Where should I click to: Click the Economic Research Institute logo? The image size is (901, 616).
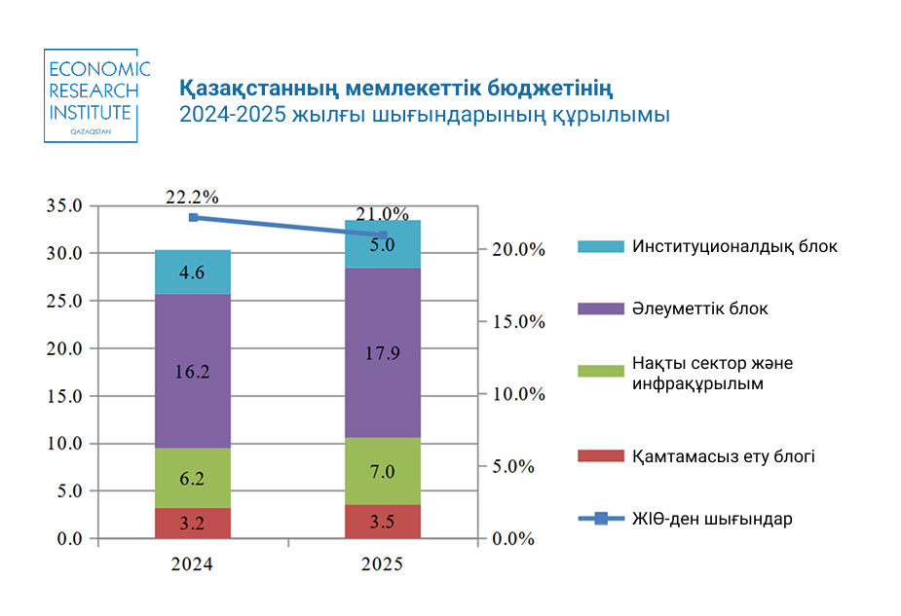click(97, 95)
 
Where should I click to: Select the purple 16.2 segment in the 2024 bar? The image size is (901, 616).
click(193, 370)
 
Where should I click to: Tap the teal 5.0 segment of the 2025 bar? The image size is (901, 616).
click(383, 244)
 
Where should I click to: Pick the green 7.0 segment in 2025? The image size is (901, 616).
click(383, 471)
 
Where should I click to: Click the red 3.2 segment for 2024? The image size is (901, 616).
click(193, 523)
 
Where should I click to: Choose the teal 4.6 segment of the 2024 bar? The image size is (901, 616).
click(193, 272)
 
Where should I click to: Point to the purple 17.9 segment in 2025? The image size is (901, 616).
click(383, 352)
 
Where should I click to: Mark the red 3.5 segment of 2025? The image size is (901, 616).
click(383, 522)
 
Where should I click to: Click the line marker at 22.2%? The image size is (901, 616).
click(193, 217)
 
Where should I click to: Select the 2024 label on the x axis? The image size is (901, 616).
click(192, 563)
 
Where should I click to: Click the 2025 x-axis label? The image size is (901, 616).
click(382, 563)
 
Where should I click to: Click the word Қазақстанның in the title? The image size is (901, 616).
click(258, 90)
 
